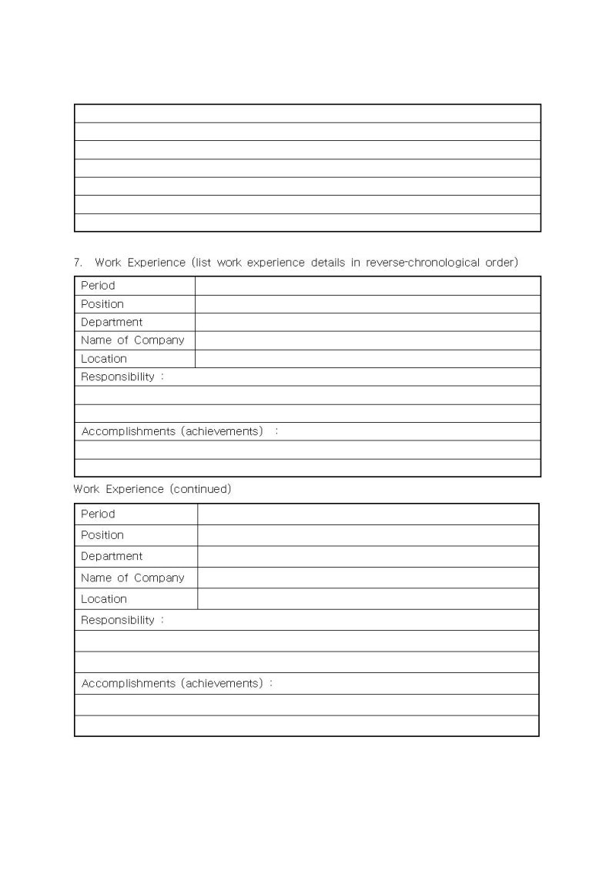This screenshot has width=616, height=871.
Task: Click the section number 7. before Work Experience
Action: [x=78, y=263]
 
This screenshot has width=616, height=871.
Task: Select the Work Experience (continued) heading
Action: [x=152, y=489]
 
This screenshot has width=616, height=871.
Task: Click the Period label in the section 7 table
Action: [x=98, y=286]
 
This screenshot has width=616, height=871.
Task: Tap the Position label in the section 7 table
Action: [x=102, y=304]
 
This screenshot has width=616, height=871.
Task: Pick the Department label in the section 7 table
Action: [x=112, y=322]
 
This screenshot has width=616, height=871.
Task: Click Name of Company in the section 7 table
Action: [x=132, y=340]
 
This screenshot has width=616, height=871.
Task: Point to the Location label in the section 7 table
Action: [x=104, y=359]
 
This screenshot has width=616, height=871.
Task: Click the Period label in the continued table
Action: [x=98, y=514]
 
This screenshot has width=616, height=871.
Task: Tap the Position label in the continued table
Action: [x=102, y=535]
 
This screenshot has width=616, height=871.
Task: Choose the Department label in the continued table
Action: [x=112, y=556]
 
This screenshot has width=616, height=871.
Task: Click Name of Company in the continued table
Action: [x=132, y=578]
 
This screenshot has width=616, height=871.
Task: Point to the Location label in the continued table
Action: [x=104, y=599]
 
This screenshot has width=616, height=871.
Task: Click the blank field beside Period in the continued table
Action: [x=368, y=514]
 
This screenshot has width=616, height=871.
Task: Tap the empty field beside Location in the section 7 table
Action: [x=367, y=359]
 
